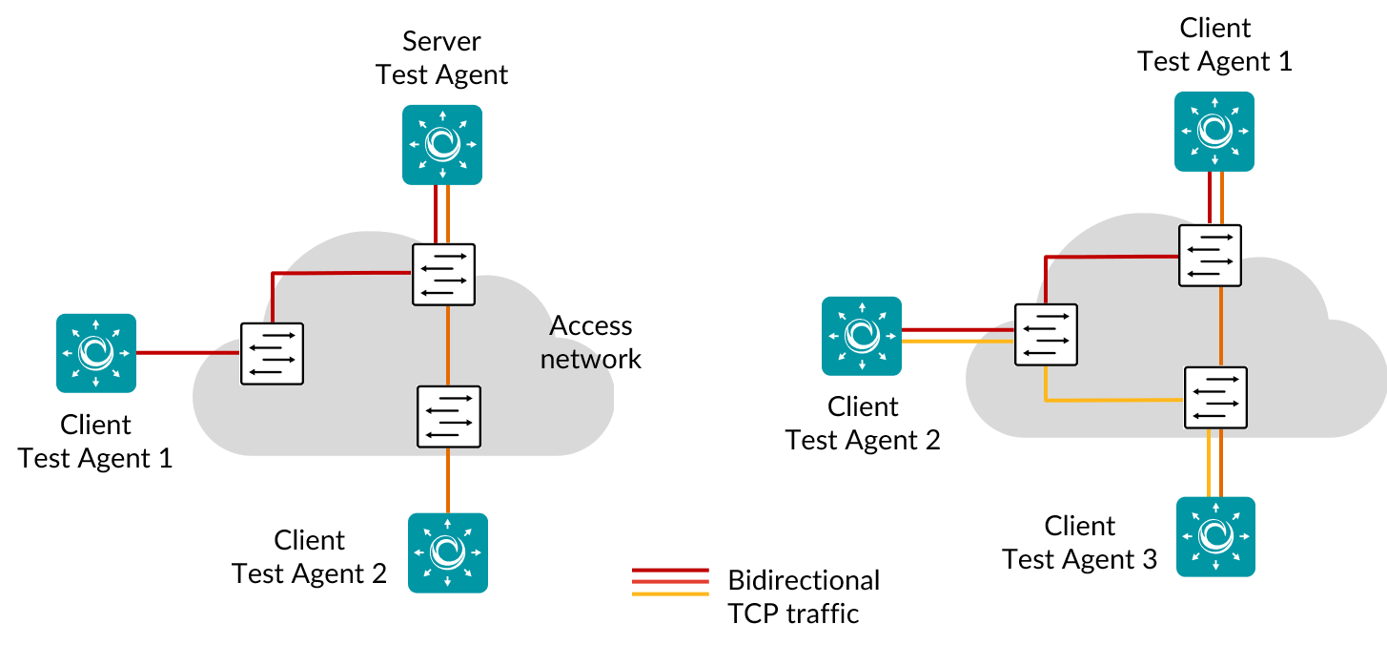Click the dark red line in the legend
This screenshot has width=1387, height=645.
click(670, 570)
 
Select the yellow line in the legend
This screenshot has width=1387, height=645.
click(670, 593)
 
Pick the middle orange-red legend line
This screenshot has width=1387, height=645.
click(670, 581)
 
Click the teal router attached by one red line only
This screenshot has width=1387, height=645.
click(96, 353)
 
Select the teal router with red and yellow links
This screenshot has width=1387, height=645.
click(862, 336)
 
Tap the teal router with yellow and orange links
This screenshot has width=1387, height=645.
click(1215, 536)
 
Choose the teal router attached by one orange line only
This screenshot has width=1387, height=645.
click(448, 552)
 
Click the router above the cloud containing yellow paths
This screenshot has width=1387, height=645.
click(1214, 132)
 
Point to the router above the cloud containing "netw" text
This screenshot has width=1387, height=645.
click(442, 144)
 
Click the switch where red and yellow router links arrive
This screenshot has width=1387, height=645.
click(1046, 335)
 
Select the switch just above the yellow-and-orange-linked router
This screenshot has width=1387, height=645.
click(1215, 398)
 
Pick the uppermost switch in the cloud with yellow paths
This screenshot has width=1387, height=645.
click(1210, 256)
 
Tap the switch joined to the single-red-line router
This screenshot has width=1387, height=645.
click(272, 354)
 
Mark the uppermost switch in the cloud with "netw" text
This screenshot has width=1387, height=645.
click(443, 275)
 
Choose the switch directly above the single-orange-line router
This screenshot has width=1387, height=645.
click(449, 417)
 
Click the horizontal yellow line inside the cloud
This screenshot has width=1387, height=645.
click(1115, 401)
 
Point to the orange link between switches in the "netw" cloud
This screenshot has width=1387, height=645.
click(448, 345)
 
